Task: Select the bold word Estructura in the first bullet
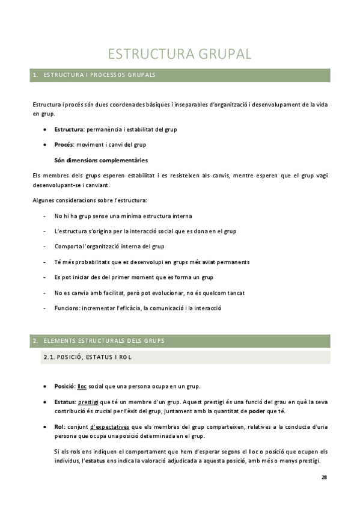(69, 129)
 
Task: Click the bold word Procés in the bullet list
(63, 144)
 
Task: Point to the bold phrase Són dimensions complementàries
(100, 160)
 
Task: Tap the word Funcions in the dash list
(67, 308)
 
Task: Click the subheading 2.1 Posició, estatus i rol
(88, 357)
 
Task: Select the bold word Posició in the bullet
(64, 386)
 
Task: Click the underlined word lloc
(83, 386)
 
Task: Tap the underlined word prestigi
(89, 401)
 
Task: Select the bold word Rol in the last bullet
(59, 426)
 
